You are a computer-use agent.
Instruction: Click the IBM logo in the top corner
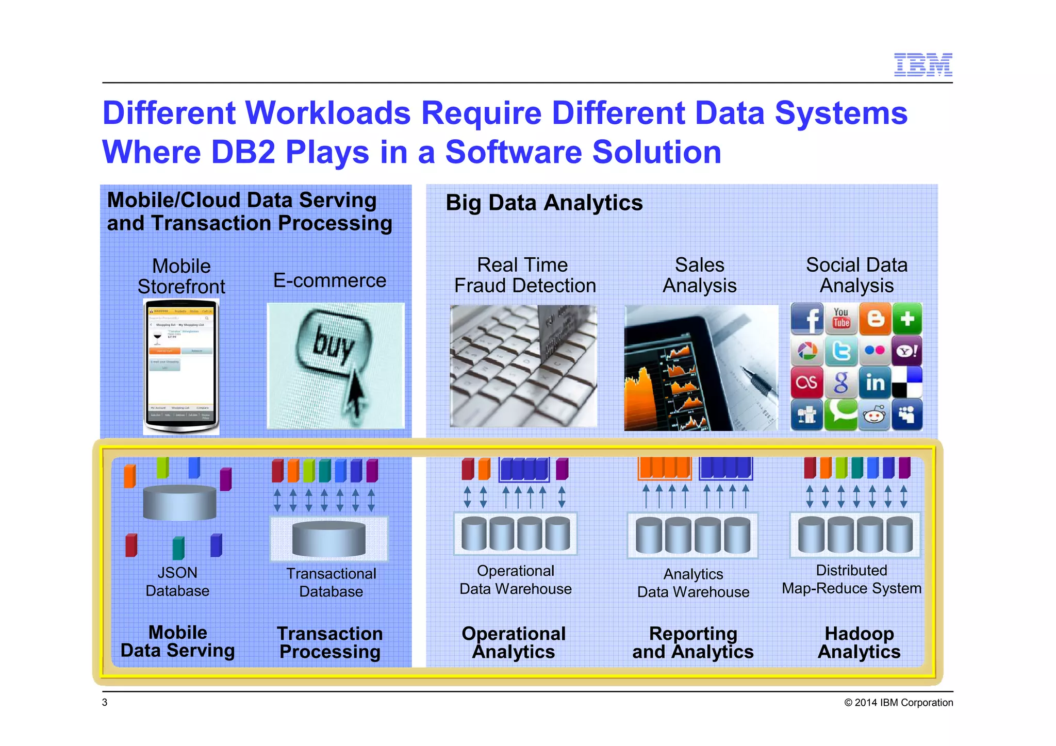click(x=922, y=64)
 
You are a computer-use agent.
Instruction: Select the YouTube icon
click(x=841, y=318)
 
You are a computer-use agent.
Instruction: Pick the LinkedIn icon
click(x=875, y=383)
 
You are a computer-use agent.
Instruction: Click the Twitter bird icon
click(x=841, y=351)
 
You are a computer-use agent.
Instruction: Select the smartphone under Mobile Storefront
click(x=181, y=366)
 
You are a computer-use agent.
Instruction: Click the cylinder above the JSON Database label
click(x=179, y=502)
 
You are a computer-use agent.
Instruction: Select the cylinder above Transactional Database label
click(x=328, y=538)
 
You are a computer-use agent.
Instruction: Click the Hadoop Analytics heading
click(x=859, y=642)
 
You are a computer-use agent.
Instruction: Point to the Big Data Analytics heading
click(x=544, y=203)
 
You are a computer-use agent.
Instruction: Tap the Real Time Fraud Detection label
click(x=524, y=275)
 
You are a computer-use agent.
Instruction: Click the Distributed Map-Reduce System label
click(x=851, y=579)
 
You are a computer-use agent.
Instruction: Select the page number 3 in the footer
click(x=105, y=702)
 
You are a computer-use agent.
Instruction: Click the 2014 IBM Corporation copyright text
click(x=898, y=702)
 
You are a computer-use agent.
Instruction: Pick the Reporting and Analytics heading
click(x=692, y=642)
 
